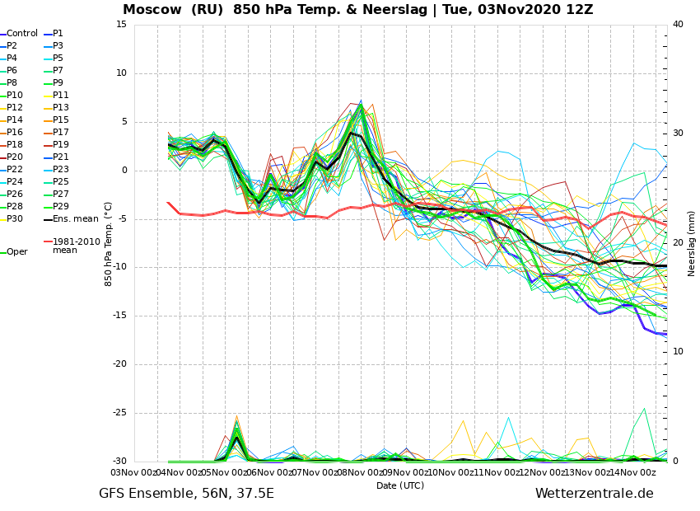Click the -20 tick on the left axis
click(x=120, y=364)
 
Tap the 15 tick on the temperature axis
click(x=121, y=24)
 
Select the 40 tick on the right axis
click(x=678, y=24)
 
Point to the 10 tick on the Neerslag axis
click(x=678, y=352)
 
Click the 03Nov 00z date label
click(x=134, y=472)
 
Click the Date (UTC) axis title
click(x=400, y=485)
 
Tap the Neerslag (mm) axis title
click(x=692, y=243)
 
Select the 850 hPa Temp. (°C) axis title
click(x=109, y=244)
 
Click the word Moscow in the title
click(x=152, y=9)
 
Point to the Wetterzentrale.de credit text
click(x=595, y=494)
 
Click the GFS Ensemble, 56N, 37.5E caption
click(x=186, y=494)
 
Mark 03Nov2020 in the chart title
click(x=512, y=9)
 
